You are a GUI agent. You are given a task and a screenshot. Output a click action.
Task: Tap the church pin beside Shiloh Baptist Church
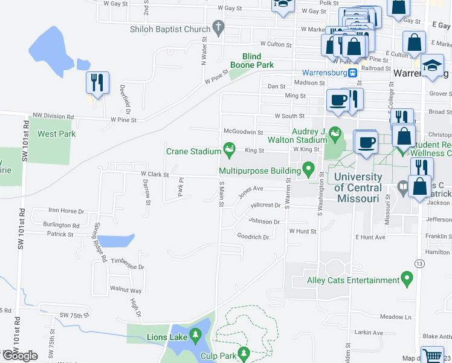[x=218, y=28]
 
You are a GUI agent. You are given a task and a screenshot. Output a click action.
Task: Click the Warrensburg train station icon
[x=352, y=73]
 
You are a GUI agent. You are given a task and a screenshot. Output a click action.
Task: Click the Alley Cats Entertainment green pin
[x=407, y=280]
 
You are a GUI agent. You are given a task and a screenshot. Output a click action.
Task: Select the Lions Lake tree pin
[x=195, y=335]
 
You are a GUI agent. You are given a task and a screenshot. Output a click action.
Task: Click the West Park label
[x=53, y=134]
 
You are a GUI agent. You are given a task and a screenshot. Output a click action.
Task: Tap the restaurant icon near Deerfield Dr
[x=97, y=82]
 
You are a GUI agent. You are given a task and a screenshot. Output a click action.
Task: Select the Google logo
[x=19, y=355]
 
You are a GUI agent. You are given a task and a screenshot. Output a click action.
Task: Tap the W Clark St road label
[x=154, y=174]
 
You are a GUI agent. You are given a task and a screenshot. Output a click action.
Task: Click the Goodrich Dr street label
[x=253, y=237]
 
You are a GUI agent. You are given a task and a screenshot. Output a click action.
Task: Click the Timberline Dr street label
[x=128, y=266]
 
